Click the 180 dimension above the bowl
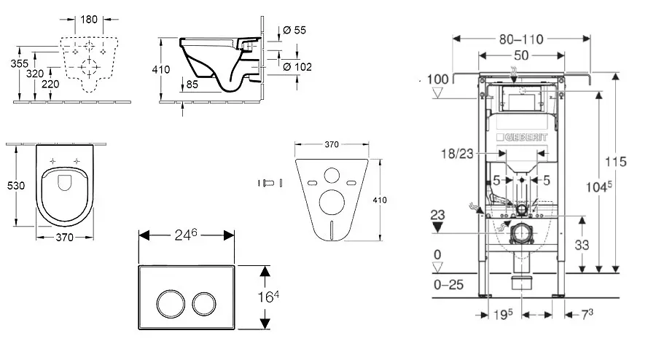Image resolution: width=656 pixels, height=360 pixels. pos(90,18)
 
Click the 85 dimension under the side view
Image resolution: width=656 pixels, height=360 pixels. pos(193,84)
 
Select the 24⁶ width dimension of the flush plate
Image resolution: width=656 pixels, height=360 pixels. pos(186,236)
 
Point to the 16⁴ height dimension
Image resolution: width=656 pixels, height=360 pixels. pos(272,297)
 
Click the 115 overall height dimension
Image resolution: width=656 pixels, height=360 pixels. pos(636,161)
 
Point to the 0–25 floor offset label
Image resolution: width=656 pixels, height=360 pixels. pos(448,285)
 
